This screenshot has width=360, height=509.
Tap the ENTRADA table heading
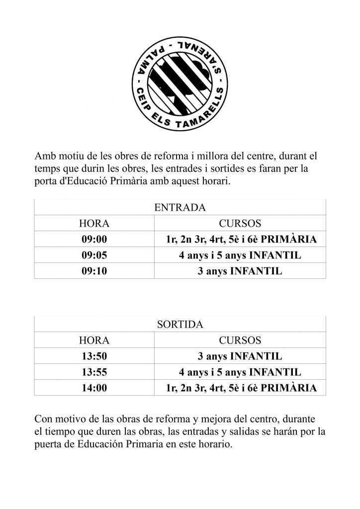(180, 207)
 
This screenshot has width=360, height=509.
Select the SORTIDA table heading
(180, 325)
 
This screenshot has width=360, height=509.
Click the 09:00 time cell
(94, 240)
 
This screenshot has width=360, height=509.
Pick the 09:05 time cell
(94, 255)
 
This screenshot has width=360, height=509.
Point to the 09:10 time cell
(94, 271)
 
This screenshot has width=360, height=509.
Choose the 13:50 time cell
(94, 356)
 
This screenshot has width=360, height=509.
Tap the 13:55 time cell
(94, 372)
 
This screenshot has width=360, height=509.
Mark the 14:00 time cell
(94, 388)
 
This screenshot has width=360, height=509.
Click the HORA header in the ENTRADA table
(94, 224)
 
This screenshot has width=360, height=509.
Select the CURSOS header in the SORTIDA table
(240, 340)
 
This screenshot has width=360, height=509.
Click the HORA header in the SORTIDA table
(94, 340)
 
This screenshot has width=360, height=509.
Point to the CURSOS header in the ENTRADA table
(240, 224)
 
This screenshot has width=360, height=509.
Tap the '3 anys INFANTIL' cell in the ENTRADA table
(240, 271)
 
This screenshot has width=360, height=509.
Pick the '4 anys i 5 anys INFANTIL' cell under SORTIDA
(240, 372)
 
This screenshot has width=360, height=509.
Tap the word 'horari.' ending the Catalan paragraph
(216, 182)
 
